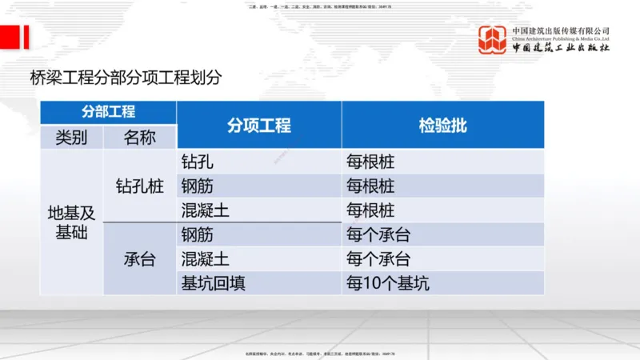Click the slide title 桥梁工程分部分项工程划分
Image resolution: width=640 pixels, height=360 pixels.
pyautogui.click(x=126, y=78)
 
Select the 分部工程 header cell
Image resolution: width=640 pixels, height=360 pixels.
pyautogui.click(x=108, y=112)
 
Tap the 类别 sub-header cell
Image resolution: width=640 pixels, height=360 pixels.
pyautogui.click(x=71, y=137)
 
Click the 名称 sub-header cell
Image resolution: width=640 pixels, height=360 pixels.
pyautogui.click(x=139, y=137)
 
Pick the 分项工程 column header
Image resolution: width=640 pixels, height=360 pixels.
pyautogui.click(x=258, y=125)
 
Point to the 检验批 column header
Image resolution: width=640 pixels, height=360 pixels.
pyautogui.click(x=442, y=125)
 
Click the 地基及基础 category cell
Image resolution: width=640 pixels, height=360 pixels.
pyautogui.click(x=71, y=222)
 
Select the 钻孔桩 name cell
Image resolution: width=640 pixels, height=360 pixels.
pyautogui.click(x=139, y=186)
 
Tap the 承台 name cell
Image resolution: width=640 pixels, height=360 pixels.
pyautogui.click(x=139, y=259)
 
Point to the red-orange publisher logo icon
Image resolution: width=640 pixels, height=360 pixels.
pyautogui.click(x=493, y=40)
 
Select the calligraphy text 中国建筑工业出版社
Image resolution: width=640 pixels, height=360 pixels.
pyautogui.click(x=560, y=48)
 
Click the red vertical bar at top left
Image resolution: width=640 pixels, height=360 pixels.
pyautogui.click(x=26, y=37)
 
